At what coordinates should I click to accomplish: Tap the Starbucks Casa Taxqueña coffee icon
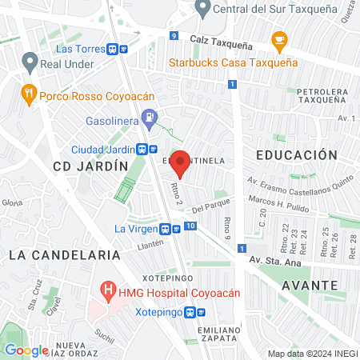279,39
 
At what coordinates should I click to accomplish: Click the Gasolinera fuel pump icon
149,122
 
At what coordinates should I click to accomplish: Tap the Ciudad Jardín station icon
142,149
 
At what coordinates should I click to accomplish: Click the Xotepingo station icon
190,313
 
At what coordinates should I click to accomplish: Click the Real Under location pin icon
30,62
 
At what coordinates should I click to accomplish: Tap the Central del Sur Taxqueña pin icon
202,10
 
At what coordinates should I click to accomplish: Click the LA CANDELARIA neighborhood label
54,254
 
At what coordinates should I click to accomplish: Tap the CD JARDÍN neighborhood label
90,166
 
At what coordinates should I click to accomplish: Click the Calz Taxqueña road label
221,40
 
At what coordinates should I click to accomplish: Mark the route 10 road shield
190,226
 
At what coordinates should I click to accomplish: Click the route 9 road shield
174,36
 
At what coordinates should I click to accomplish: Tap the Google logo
26,350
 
